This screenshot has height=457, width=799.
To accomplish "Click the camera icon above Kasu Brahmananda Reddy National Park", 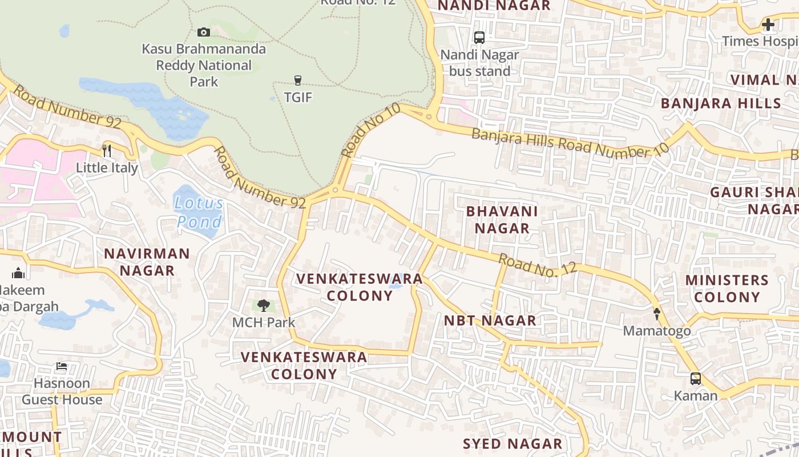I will click(x=204, y=33).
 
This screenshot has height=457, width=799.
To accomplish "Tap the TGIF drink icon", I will click(x=297, y=81).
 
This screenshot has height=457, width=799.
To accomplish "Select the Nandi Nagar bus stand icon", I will click(x=479, y=38).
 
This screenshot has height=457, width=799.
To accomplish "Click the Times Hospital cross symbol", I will click(x=768, y=25).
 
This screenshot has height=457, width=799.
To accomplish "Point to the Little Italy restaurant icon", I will click(x=107, y=151).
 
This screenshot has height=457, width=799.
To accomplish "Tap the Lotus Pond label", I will click(x=199, y=212).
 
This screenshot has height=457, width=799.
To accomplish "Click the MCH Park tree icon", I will click(x=263, y=306).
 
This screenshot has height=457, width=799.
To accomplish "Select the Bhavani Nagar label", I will click(x=502, y=219).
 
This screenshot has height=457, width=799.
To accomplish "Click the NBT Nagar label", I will click(x=490, y=320).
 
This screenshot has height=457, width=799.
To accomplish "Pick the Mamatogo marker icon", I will click(x=656, y=314).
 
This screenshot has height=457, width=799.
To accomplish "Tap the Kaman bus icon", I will click(x=696, y=378).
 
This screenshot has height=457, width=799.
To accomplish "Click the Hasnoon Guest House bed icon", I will click(x=62, y=366).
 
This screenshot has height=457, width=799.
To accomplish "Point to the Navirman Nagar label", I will click(x=147, y=262).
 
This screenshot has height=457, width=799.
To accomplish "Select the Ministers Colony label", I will click(x=727, y=288).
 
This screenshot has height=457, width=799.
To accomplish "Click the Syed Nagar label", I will click(x=513, y=444).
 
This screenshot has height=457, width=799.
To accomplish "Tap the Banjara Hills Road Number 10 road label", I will click(x=570, y=143).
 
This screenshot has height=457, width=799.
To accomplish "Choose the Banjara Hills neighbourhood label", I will click(x=721, y=103).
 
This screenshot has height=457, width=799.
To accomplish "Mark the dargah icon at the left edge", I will click(x=18, y=273).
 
